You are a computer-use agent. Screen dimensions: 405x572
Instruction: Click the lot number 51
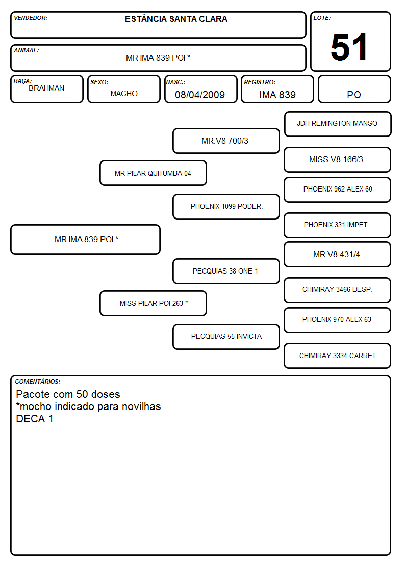[349, 47]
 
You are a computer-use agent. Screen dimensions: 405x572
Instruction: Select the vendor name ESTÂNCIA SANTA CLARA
[176, 19]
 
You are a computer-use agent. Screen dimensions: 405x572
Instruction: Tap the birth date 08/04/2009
[200, 95]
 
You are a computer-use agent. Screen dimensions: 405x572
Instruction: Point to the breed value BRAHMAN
[46, 88]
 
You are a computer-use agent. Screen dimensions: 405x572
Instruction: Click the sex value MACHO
[124, 94]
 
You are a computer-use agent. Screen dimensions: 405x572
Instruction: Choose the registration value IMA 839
[277, 95]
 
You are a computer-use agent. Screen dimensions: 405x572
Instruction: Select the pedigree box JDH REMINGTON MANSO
[338, 124]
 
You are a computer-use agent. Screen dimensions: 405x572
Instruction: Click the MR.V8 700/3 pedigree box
[226, 141]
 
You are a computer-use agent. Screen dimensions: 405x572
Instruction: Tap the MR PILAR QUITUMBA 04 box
[153, 173]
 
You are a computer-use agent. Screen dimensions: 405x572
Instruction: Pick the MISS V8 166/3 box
[338, 159]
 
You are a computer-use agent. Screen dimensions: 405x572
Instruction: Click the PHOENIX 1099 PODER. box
[226, 206]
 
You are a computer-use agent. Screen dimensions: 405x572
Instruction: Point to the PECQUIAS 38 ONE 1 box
[226, 271]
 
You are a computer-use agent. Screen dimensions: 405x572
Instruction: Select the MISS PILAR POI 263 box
[153, 303]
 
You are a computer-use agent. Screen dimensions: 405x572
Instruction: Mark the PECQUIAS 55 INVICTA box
[226, 337]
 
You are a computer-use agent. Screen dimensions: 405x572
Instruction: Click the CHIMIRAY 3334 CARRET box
[338, 356]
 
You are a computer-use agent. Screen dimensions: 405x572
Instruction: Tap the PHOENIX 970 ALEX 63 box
[338, 320]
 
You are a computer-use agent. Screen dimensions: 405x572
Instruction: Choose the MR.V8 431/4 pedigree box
[338, 254]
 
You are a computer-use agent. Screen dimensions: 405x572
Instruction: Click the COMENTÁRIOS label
[38, 382]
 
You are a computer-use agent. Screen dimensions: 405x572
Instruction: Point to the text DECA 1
[35, 419]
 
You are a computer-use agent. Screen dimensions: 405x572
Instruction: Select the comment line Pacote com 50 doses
[68, 394]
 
